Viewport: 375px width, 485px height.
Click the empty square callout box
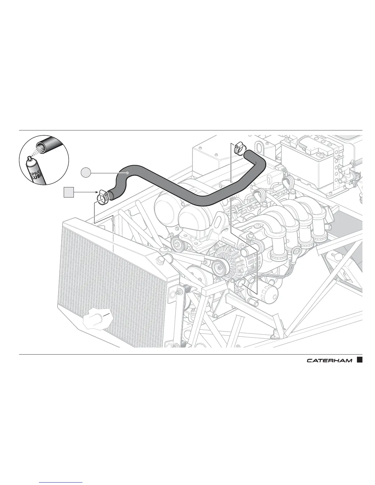point(69,192)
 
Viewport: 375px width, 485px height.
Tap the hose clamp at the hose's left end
point(102,196)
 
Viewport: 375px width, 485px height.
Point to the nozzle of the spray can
point(29,158)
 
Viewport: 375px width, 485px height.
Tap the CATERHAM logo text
point(329,360)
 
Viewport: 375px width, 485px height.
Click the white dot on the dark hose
point(127,173)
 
